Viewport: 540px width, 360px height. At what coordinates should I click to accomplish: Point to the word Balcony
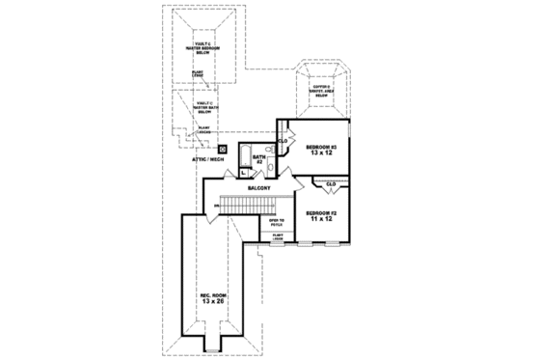pyautogui.click(x=258, y=188)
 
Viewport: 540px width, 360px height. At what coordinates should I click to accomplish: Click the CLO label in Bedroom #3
pyautogui.click(x=283, y=141)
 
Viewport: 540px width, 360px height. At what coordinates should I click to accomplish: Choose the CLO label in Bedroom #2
pyautogui.click(x=331, y=183)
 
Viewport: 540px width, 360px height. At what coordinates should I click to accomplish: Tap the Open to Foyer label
pyautogui.click(x=277, y=223)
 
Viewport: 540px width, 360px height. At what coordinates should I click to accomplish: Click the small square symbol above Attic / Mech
pyautogui.click(x=223, y=150)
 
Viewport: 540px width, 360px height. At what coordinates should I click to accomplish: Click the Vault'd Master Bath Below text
pyautogui.click(x=204, y=107)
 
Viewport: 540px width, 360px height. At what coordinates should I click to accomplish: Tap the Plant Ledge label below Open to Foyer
pyautogui.click(x=277, y=235)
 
